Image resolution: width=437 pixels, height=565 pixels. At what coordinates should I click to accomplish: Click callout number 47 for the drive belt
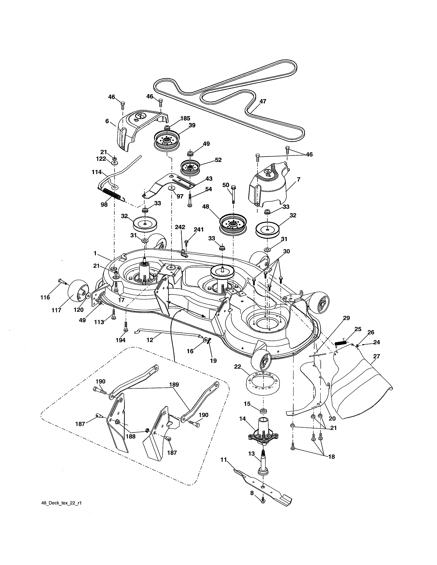click(x=263, y=101)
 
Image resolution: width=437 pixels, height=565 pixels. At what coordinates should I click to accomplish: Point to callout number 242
click(x=180, y=227)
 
